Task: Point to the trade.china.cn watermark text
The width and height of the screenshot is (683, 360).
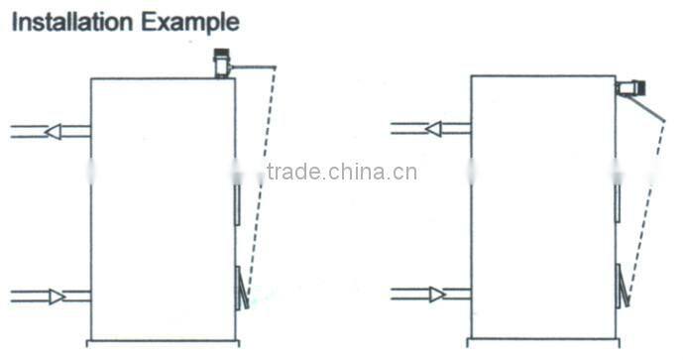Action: [x=341, y=172]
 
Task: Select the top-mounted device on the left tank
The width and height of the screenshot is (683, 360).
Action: [x=221, y=64]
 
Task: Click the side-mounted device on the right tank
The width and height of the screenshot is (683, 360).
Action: [x=628, y=88]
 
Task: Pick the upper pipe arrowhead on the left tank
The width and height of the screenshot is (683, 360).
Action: [x=54, y=131]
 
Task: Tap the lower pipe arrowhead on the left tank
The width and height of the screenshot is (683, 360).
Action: [x=57, y=295]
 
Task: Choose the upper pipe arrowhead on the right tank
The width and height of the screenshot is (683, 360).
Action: [x=433, y=128]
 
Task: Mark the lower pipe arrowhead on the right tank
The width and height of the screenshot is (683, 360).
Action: [x=436, y=294]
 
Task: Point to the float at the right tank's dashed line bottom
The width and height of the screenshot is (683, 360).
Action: [x=622, y=288]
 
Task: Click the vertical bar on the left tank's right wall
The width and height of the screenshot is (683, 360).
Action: [x=237, y=202]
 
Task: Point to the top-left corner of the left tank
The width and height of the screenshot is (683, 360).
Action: [x=91, y=79]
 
